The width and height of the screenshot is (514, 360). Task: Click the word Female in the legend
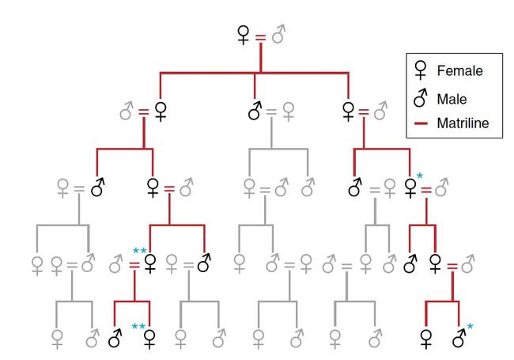click(459, 71)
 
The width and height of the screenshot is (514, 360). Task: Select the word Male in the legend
click(452, 99)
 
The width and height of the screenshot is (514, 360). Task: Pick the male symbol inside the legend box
click(421, 98)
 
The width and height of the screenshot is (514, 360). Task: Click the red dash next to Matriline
click(421, 123)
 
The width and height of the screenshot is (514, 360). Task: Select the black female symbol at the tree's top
click(244, 36)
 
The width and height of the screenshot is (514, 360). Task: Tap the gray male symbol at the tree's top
click(278, 36)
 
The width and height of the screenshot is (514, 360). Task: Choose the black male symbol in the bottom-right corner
click(459, 339)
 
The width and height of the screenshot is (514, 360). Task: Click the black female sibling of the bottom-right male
click(426, 339)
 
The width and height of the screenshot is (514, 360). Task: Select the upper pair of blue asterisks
click(139, 252)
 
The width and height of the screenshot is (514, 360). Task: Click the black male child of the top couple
click(255, 111)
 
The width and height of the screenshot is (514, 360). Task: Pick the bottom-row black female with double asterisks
click(149, 339)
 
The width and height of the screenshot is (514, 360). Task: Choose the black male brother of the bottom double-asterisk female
click(115, 339)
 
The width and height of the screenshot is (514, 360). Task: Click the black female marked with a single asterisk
click(410, 188)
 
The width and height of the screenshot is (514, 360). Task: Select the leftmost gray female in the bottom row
click(57, 339)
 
